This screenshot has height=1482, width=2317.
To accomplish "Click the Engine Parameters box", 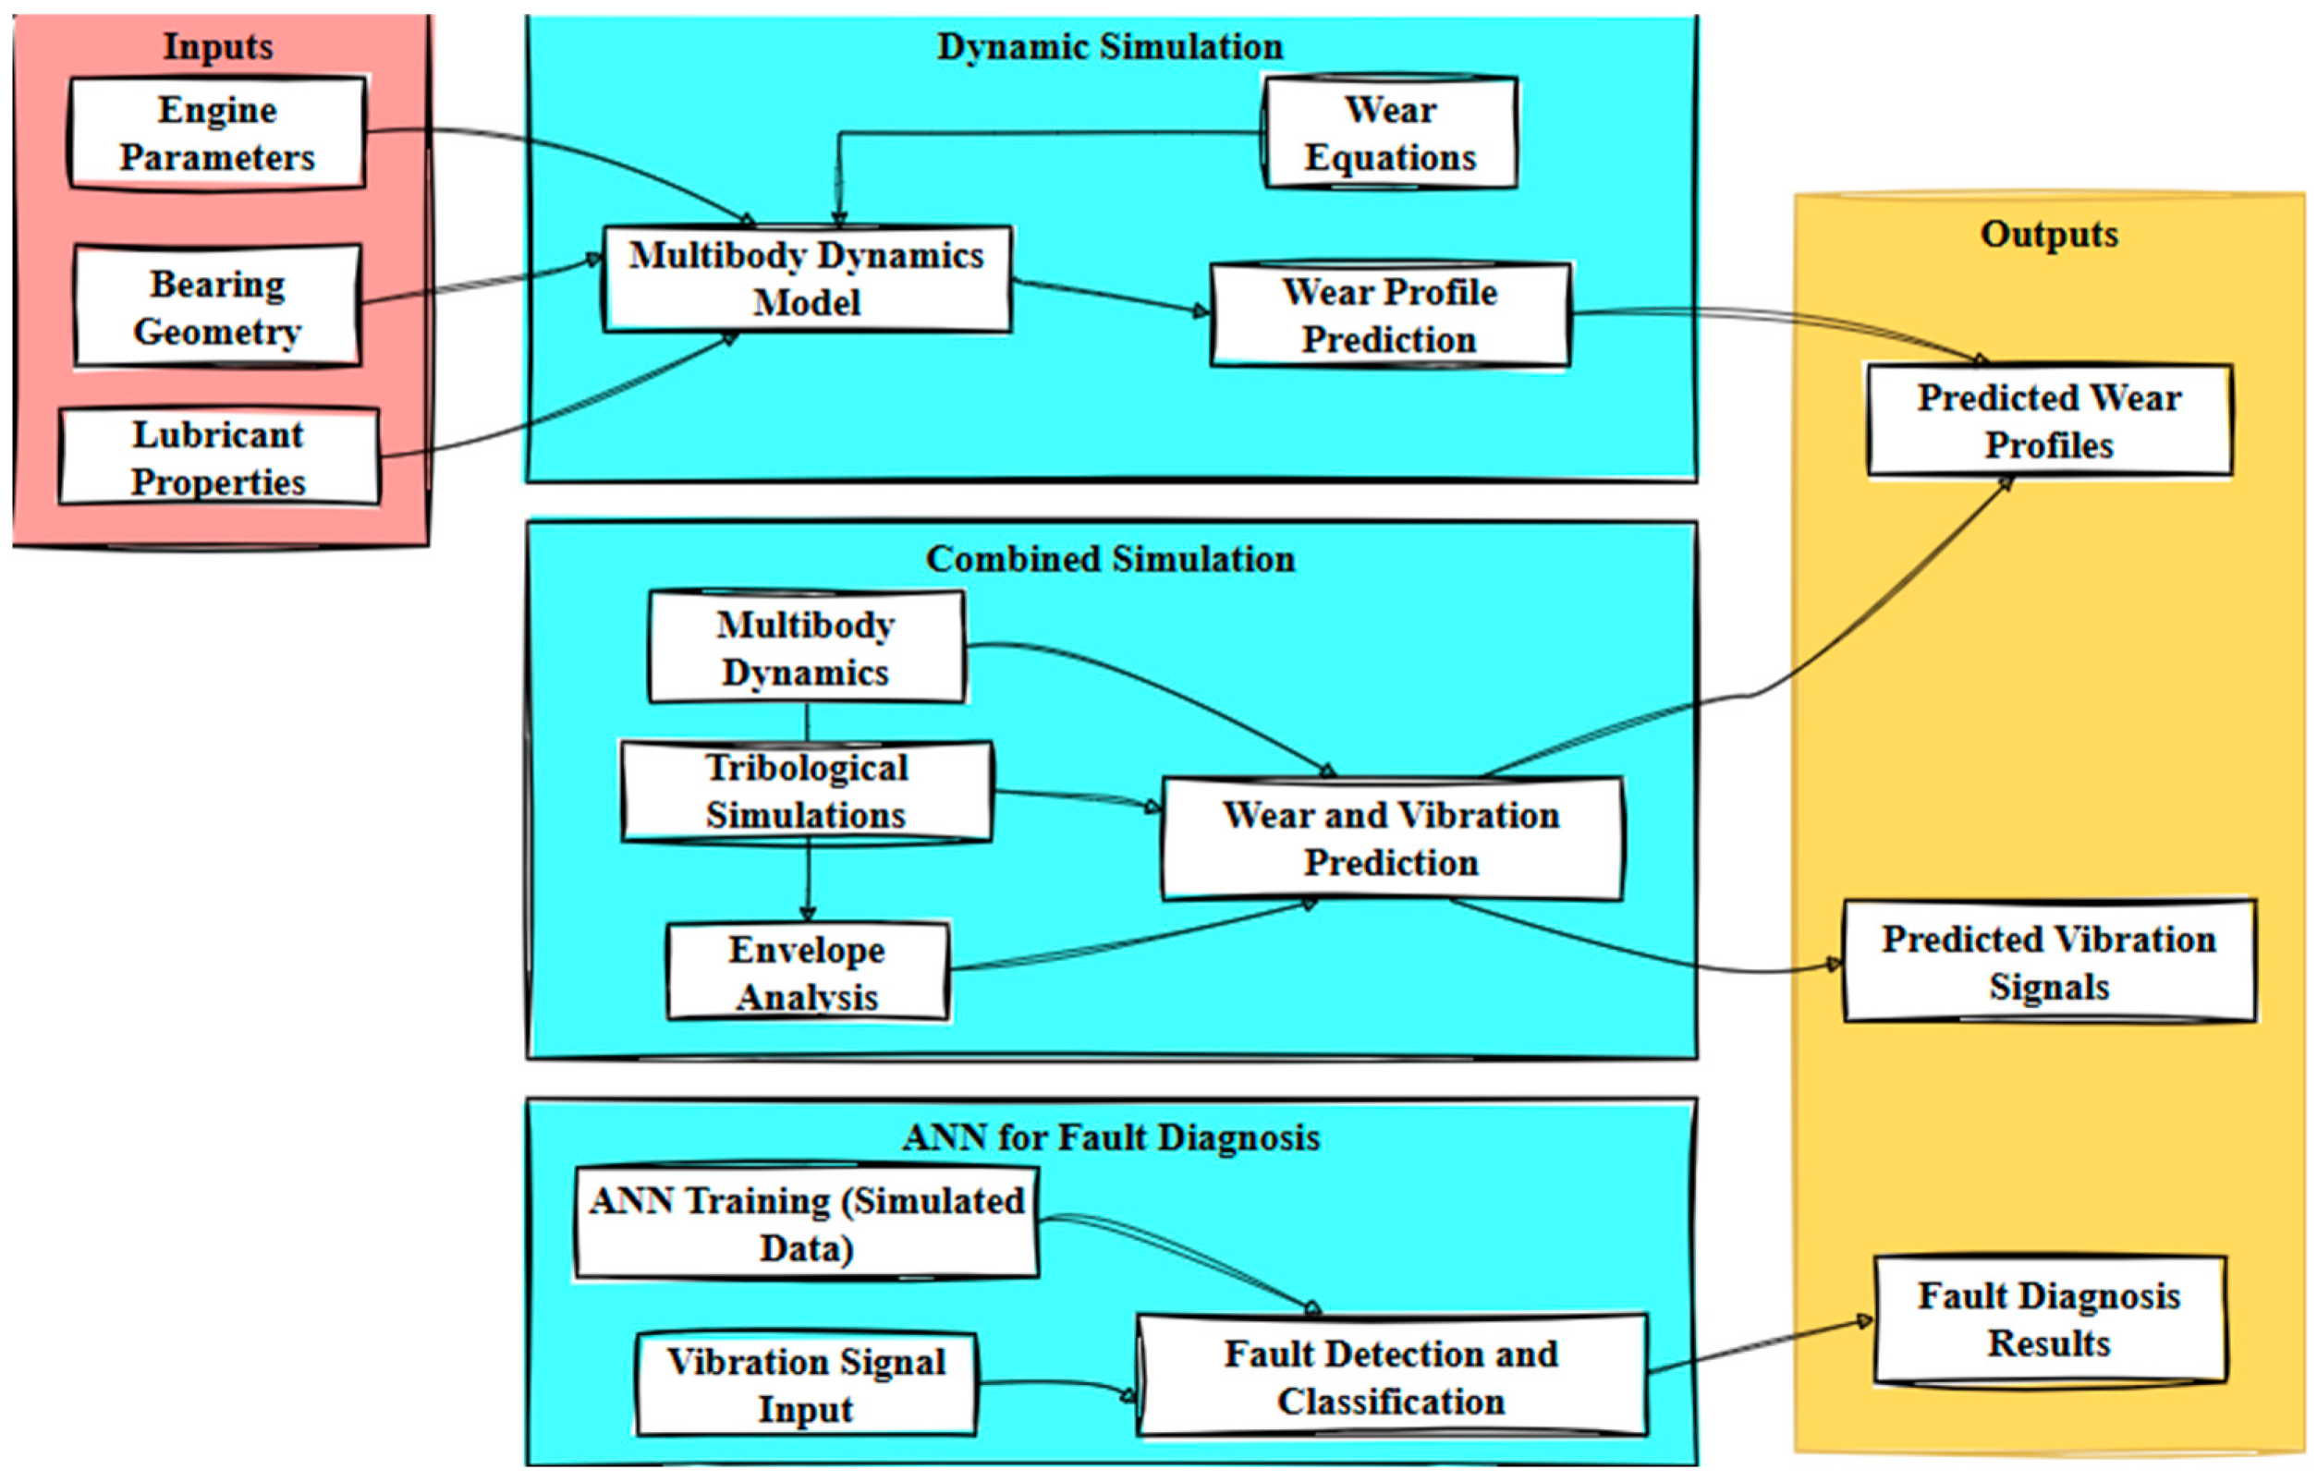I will click(216, 133).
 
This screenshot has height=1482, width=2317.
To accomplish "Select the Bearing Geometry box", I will click(216, 306).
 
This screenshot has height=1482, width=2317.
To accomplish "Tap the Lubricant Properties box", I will click(218, 457).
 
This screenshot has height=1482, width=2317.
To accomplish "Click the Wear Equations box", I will click(1389, 133).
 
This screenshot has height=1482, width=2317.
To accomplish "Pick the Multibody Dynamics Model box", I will click(806, 279).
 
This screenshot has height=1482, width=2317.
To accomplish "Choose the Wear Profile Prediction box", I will click(1389, 315).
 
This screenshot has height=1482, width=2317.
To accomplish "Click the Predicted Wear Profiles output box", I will click(2048, 420).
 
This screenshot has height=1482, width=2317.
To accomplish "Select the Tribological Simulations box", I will click(806, 791).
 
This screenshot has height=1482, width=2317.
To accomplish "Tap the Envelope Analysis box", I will click(807, 972).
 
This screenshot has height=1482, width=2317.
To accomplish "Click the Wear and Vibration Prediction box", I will click(1391, 838).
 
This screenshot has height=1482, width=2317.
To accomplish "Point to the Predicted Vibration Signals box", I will click(2048, 963).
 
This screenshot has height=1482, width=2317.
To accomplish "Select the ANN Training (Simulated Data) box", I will click(806, 1224).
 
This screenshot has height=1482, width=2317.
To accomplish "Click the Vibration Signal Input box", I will click(806, 1385).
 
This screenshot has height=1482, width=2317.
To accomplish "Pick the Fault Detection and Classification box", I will click(1391, 1377).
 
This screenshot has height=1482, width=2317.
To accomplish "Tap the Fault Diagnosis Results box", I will click(2048, 1319).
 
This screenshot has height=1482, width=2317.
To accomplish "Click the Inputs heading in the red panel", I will click(217, 46).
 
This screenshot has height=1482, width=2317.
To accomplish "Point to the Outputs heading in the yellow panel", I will click(2048, 234).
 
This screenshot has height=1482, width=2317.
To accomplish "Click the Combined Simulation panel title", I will click(1110, 559).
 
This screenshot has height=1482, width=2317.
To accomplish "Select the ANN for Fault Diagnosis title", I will click(1110, 1137).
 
